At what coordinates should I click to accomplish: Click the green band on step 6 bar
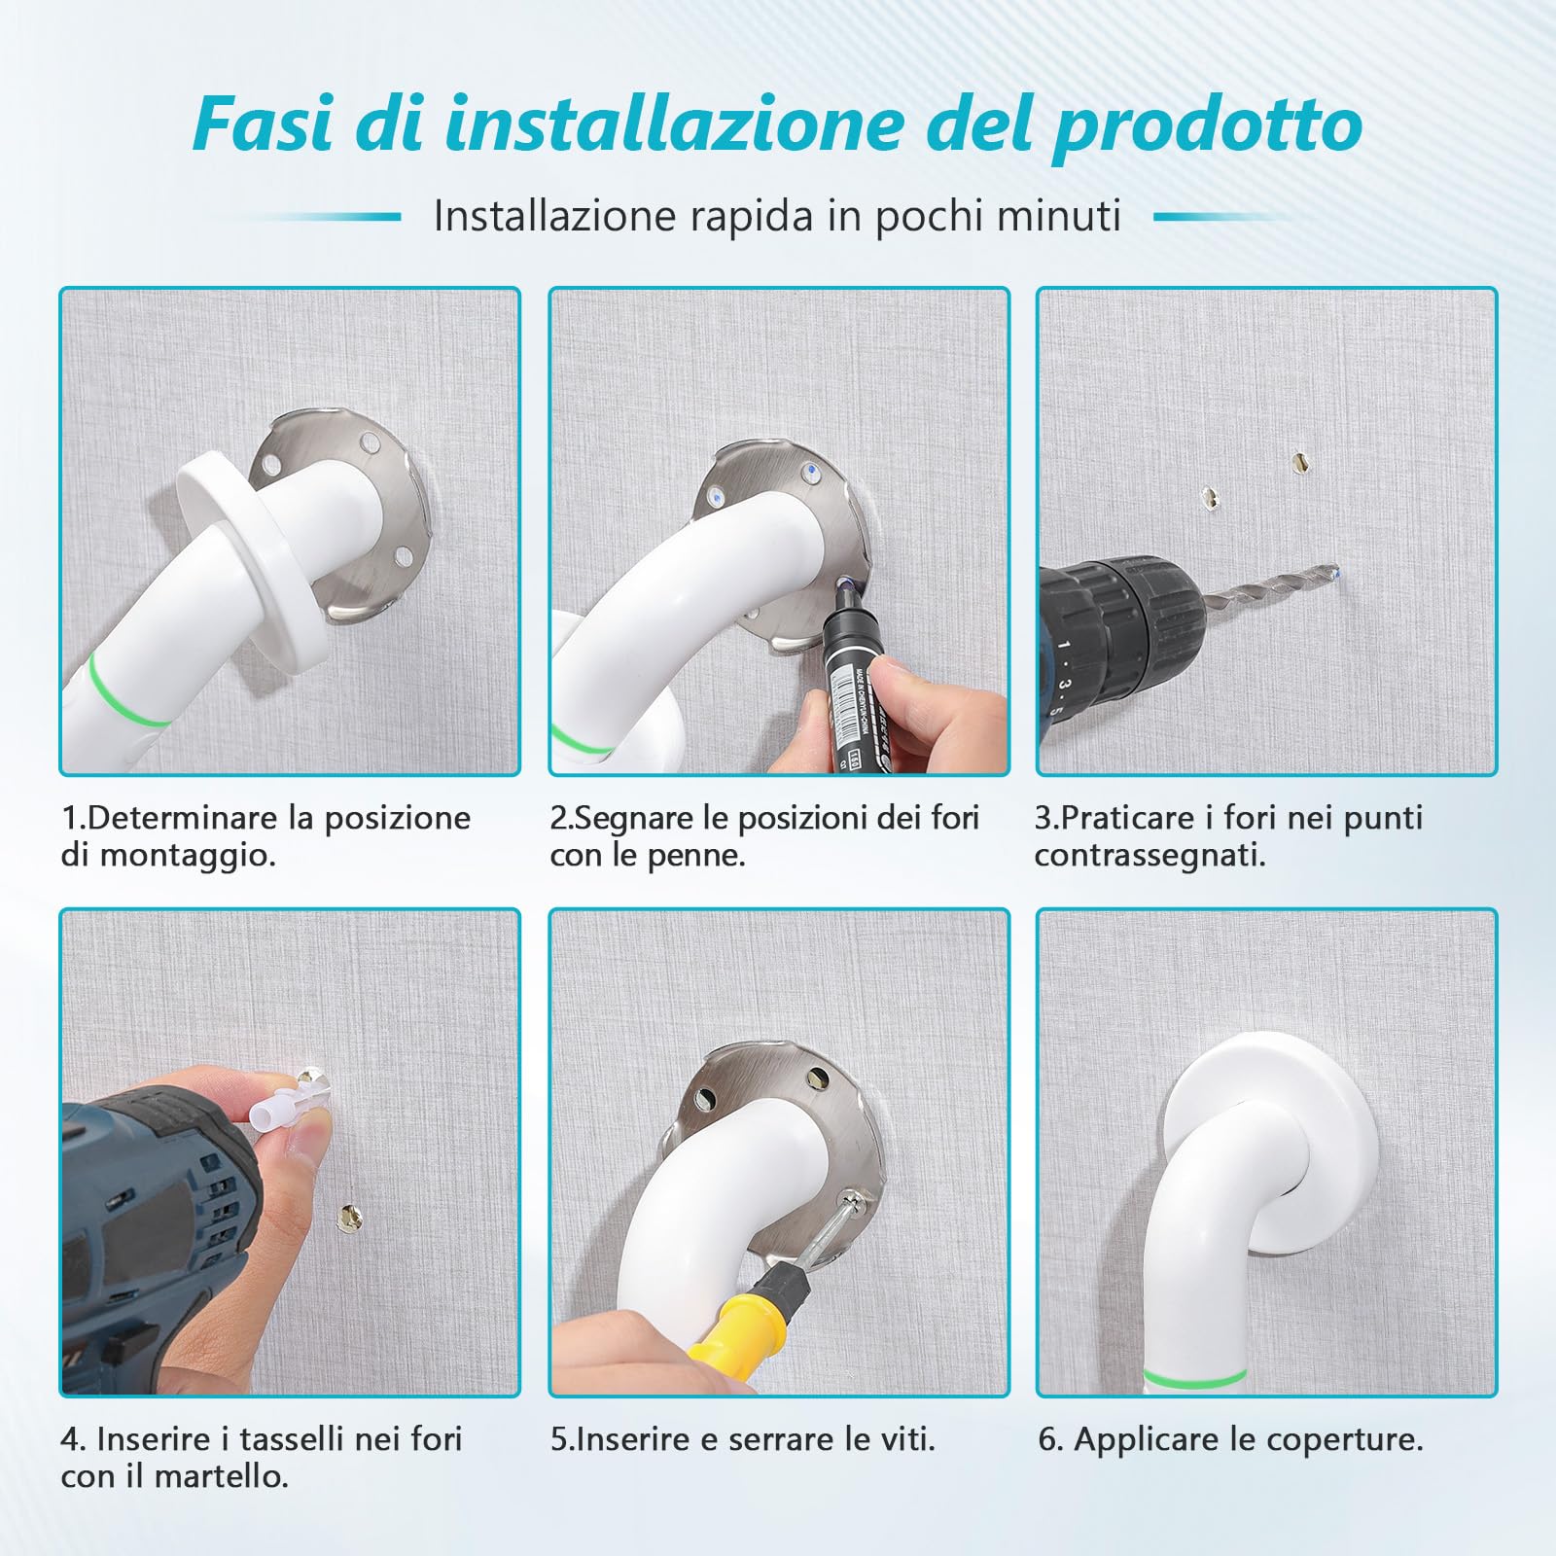click(1194, 1376)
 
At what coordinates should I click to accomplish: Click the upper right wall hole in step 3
click(1298, 462)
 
